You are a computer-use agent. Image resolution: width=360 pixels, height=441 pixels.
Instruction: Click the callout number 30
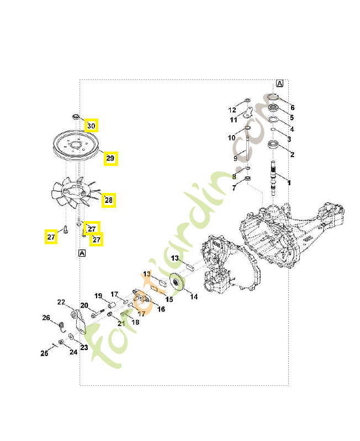tap(91, 126)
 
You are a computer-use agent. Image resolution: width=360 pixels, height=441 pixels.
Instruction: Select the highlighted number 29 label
tap(110, 158)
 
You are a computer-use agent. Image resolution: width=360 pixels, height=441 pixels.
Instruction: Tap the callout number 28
tap(109, 200)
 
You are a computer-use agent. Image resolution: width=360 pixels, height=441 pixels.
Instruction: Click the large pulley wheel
tap(76, 146)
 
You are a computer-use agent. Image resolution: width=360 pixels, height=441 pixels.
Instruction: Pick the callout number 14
tap(194, 297)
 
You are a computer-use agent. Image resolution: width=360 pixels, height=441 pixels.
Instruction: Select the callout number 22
tap(61, 302)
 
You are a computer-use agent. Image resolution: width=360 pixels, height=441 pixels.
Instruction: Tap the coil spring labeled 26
tap(62, 327)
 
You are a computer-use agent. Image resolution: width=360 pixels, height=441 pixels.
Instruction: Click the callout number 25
tap(44, 353)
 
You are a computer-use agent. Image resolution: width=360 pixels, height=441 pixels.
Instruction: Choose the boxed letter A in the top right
tap(279, 84)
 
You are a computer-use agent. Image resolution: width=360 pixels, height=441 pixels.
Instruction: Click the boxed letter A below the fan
tap(82, 254)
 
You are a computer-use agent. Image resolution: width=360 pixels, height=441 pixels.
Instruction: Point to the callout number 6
tap(293, 107)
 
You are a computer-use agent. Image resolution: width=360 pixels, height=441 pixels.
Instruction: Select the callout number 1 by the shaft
tap(289, 183)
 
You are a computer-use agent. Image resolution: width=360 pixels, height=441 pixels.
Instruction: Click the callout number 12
tap(232, 110)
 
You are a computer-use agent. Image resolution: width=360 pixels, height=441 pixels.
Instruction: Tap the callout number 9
tap(236, 159)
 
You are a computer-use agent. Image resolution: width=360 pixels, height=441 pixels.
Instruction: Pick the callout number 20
tap(84, 305)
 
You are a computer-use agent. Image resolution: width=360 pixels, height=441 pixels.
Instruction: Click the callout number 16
tap(161, 309)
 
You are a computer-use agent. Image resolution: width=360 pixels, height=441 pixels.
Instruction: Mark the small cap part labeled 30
tap(76, 116)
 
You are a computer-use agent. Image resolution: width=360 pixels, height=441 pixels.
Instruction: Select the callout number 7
tap(234, 188)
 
